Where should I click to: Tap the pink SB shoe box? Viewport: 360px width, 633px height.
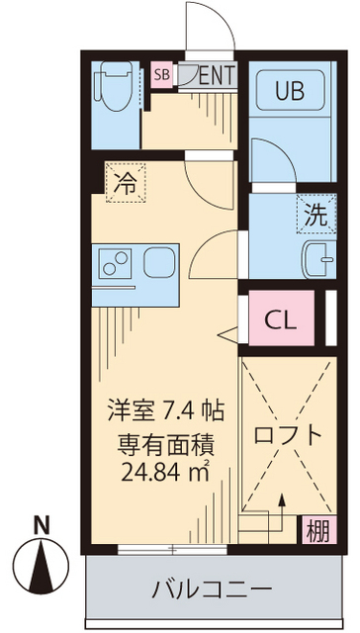click(x=160, y=74)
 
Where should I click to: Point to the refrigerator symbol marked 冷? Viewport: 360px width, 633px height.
click(x=126, y=182)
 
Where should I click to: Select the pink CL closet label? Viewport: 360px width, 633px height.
click(x=280, y=319)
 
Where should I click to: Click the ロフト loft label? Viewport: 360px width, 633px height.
click(x=286, y=434)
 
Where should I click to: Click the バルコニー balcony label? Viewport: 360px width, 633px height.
click(x=211, y=590)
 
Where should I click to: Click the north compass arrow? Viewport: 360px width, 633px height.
click(x=41, y=565)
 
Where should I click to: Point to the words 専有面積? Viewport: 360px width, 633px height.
click(x=167, y=440)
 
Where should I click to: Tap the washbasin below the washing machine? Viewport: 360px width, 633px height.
click(x=316, y=257)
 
